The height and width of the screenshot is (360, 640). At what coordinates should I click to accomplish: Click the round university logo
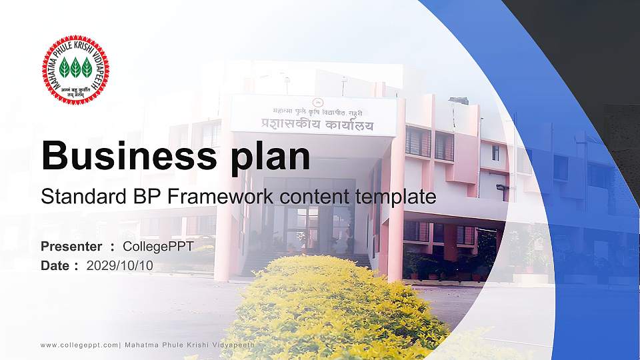tap(75, 70)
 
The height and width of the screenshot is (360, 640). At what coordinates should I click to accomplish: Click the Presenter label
tap(71, 247)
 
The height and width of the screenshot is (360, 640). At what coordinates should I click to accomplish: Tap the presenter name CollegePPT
tap(159, 247)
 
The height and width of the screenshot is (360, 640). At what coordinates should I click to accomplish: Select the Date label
tap(55, 265)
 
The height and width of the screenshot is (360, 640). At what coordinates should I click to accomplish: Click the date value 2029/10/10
tap(120, 265)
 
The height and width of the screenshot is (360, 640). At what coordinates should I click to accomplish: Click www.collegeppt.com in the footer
tap(79, 345)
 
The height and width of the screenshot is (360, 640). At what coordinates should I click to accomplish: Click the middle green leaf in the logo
tap(75, 67)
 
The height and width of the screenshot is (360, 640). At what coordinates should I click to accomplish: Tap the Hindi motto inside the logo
tap(75, 90)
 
